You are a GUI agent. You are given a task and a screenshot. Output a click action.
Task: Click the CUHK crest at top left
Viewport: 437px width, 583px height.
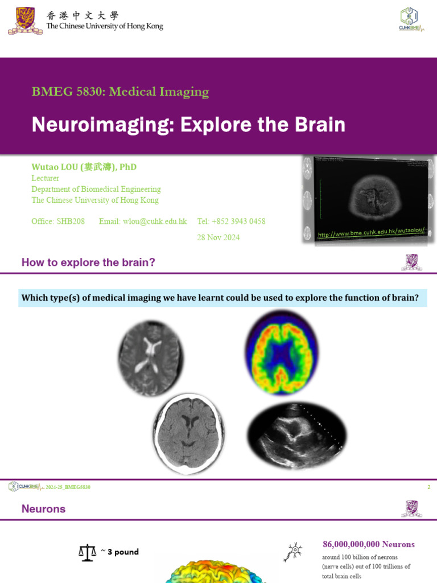point(25,20)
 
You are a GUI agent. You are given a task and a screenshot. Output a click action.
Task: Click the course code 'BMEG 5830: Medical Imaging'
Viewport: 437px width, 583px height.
point(120,91)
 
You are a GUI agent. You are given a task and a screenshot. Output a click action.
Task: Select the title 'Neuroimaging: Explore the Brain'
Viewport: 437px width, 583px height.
point(188,124)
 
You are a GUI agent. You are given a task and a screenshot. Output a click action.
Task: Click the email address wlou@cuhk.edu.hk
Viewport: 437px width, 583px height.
point(143,221)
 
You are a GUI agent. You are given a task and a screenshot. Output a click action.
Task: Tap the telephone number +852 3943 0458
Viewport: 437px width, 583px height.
point(231,221)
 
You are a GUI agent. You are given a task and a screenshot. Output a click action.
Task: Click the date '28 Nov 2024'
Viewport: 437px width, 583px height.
point(218,237)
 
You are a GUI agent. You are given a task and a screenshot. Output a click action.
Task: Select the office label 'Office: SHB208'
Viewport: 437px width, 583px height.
point(58,221)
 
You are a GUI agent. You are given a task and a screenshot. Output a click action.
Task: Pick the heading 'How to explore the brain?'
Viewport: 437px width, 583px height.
point(88,262)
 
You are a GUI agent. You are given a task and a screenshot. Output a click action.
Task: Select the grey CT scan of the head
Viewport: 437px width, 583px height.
point(188,433)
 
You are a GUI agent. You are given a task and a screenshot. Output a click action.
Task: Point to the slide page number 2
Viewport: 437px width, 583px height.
point(428,487)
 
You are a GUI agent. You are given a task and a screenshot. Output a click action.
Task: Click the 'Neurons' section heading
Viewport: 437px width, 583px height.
point(43,508)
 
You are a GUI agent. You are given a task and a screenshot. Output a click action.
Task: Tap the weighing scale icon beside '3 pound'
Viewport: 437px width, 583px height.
point(87,552)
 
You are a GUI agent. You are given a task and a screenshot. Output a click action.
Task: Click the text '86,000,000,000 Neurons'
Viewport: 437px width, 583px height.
point(369,544)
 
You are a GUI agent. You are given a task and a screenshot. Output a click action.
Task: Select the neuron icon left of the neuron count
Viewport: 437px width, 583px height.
point(294,552)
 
